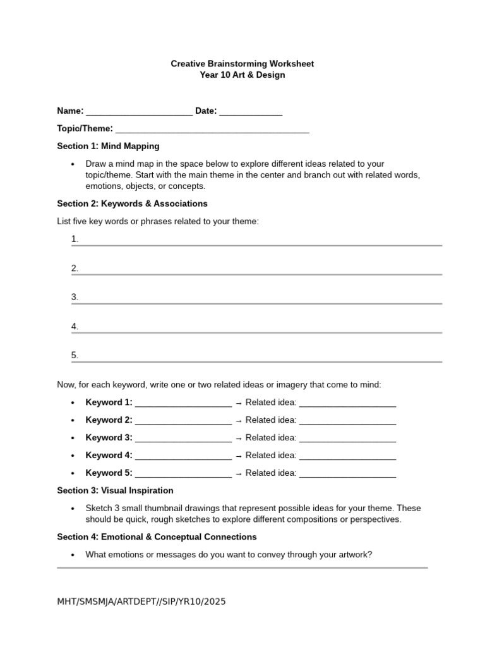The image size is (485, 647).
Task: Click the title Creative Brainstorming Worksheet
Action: [242, 64]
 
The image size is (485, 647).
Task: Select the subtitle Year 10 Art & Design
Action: [242, 75]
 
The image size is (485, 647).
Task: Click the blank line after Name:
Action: [139, 112]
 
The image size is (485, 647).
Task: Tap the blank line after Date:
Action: [251, 112]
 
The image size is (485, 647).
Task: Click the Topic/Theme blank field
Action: [212, 130]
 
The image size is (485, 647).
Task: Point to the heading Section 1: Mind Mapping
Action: [108, 146]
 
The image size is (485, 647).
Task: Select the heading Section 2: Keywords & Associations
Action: [132, 203]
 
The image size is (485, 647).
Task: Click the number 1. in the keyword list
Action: [75, 239]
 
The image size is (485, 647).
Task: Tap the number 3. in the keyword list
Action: [75, 297]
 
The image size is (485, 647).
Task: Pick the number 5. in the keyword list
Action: [75, 355]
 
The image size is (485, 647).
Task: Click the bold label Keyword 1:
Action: [109, 402]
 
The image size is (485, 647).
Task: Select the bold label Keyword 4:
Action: [109, 456]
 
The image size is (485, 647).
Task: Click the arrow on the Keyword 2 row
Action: [239, 421]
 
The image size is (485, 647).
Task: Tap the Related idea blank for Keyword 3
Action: [347, 438]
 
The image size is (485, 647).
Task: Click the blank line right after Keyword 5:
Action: [183, 474]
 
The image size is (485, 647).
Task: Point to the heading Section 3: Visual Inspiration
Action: [115, 490]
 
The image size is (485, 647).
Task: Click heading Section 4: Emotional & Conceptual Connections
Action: [157, 536]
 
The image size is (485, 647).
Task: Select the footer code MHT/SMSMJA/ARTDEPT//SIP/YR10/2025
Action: [141, 602]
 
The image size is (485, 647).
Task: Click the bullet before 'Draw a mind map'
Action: [73, 164]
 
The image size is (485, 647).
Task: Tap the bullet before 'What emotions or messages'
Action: [73, 555]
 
